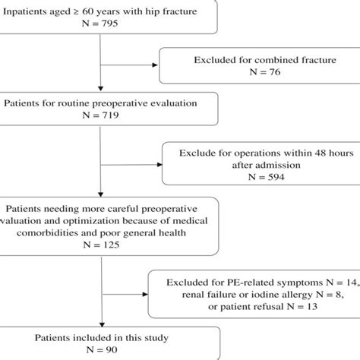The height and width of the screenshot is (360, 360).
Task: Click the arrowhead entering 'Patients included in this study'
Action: pyautogui.click(x=101, y=321)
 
